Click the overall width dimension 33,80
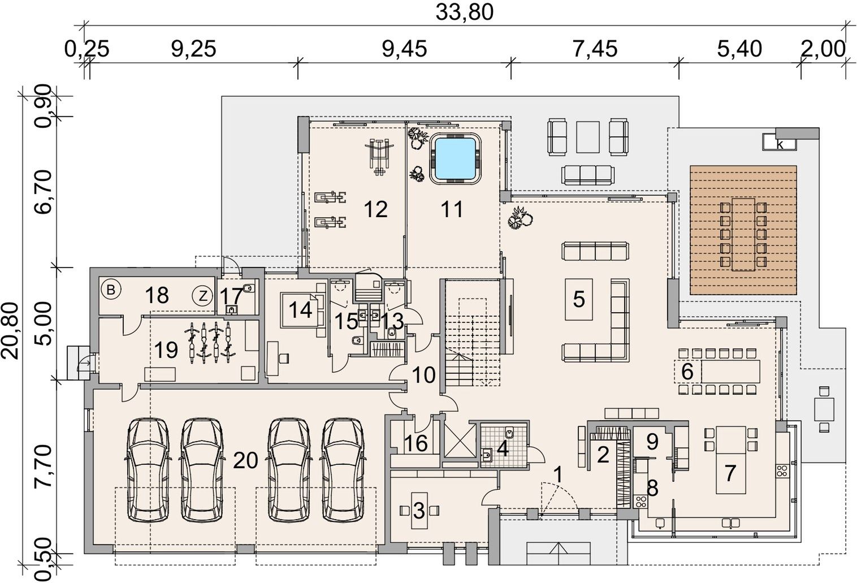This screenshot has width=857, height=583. pos(465,13)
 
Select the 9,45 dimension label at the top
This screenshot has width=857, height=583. pos(404,49)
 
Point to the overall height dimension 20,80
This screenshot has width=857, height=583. pos(10,331)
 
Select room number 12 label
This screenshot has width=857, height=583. pos(376,209)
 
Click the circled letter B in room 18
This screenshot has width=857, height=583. pos(111,290)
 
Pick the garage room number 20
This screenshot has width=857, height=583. pos(245,461)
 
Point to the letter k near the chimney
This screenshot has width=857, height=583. pos(780,145)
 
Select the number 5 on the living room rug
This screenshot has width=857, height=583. pos(579,299)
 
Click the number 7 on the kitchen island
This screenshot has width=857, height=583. pos(730,473)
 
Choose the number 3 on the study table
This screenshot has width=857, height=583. pos(419,511)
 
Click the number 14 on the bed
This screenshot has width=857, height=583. pos(300,309)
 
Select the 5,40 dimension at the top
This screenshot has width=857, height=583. pos(739,49)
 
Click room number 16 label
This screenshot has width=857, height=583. pos(416,443)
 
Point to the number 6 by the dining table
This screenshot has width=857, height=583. pos(687,372)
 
